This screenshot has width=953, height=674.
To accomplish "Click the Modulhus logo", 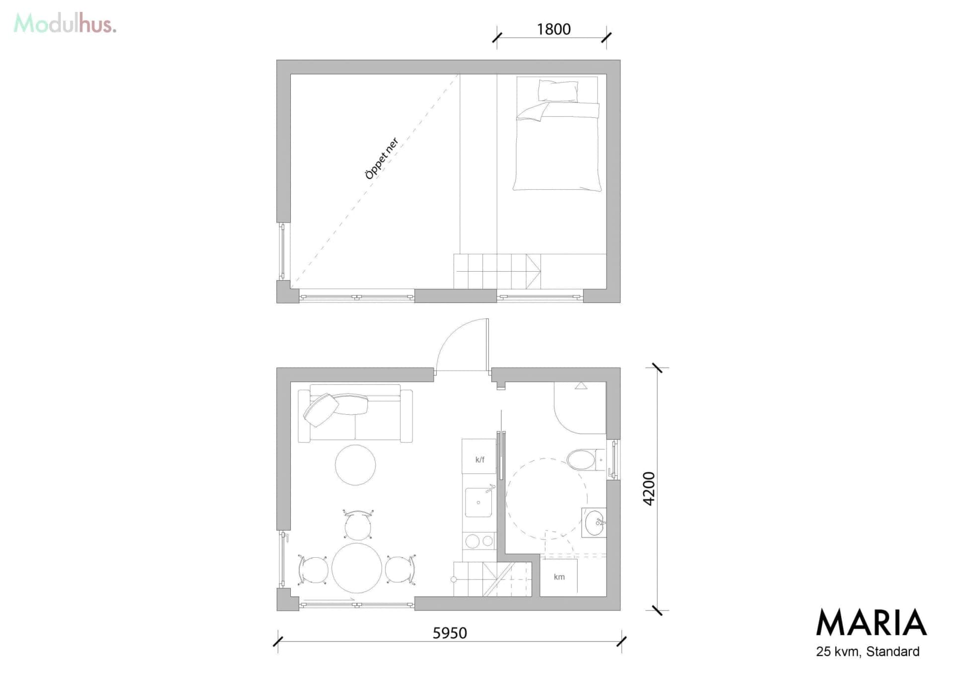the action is tap(65, 23).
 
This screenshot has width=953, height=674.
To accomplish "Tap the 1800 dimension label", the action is tap(553, 29).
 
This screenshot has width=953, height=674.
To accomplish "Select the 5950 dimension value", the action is tap(450, 633).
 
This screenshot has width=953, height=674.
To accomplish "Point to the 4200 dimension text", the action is tap(649, 489).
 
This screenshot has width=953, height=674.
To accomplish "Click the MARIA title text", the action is tap(872, 622).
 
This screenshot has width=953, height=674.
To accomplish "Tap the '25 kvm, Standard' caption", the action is tap(868, 651).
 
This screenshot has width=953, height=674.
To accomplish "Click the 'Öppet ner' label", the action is tap(382, 158).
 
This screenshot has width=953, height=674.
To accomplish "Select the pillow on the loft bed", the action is tap(558, 91).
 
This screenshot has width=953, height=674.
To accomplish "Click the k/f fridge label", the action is tap(479, 459).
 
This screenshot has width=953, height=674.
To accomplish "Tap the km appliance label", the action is tap(559, 577).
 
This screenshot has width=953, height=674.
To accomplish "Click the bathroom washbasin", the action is tap(594, 523).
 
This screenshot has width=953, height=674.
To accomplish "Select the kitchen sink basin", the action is tap(478, 502).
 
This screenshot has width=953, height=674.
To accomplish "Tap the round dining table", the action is tap(357, 568).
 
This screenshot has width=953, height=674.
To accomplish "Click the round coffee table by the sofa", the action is tap(355, 465).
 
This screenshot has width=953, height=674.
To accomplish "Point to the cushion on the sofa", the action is tap(321, 410).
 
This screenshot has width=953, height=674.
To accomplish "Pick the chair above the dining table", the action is tap(358, 524).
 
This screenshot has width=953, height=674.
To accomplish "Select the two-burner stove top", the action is tap(479, 540).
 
